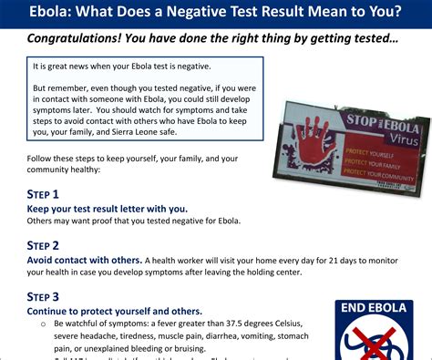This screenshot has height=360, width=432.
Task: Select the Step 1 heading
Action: click(x=43, y=194)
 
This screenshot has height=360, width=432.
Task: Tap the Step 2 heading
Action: click(x=43, y=245)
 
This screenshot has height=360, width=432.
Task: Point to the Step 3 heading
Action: click(x=43, y=296)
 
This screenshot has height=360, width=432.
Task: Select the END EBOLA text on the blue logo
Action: click(x=375, y=309)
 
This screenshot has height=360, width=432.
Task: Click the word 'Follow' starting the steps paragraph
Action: click(x=41, y=159)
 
